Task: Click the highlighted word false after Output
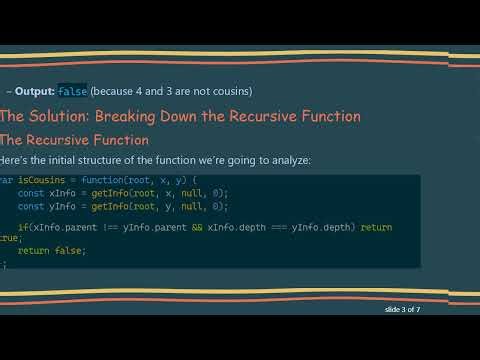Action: tap(73, 91)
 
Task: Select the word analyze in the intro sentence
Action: tap(287, 161)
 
